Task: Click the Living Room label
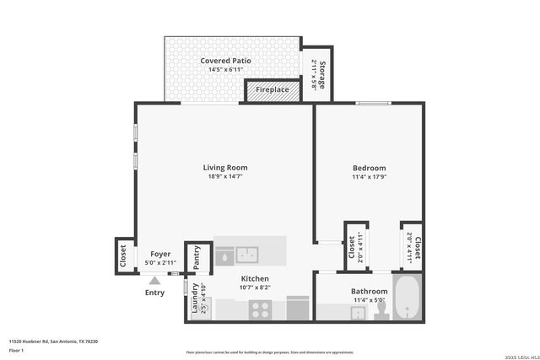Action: click(224, 167)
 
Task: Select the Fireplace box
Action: click(273, 89)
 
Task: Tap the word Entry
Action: click(154, 293)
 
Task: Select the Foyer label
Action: click(160, 254)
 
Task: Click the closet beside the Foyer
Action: click(123, 255)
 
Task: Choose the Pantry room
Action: click(197, 257)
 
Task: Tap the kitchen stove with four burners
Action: click(259, 309)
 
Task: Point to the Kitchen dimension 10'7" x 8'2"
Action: click(255, 288)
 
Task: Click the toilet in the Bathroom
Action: click(381, 311)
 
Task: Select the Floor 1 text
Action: click(16, 349)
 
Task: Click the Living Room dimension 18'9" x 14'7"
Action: click(224, 177)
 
